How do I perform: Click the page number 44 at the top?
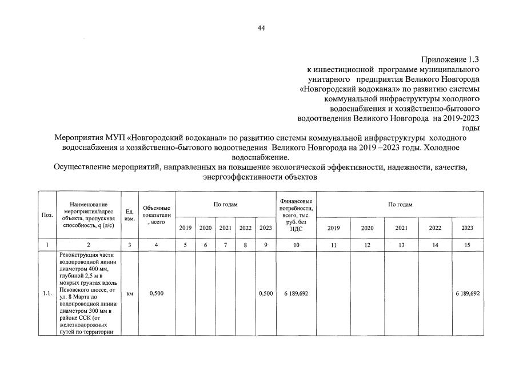click(261, 28)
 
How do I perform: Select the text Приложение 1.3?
click(450, 59)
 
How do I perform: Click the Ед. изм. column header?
click(129, 214)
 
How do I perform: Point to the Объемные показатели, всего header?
click(157, 214)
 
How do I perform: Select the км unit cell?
click(129, 293)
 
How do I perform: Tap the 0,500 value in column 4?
click(157, 293)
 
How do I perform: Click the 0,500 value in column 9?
click(265, 293)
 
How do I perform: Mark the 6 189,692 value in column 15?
click(468, 293)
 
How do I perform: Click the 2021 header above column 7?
click(225, 228)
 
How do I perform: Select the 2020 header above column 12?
click(367, 228)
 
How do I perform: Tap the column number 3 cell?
click(129, 245)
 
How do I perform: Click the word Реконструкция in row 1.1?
click(79, 254)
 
